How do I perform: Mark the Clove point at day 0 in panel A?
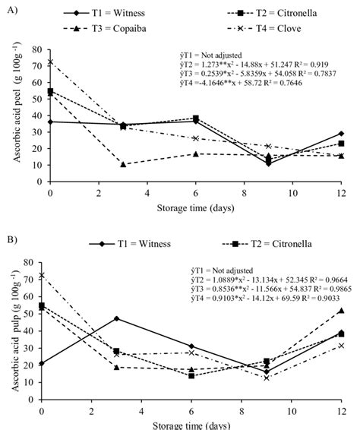pyautogui.click(x=50, y=62)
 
